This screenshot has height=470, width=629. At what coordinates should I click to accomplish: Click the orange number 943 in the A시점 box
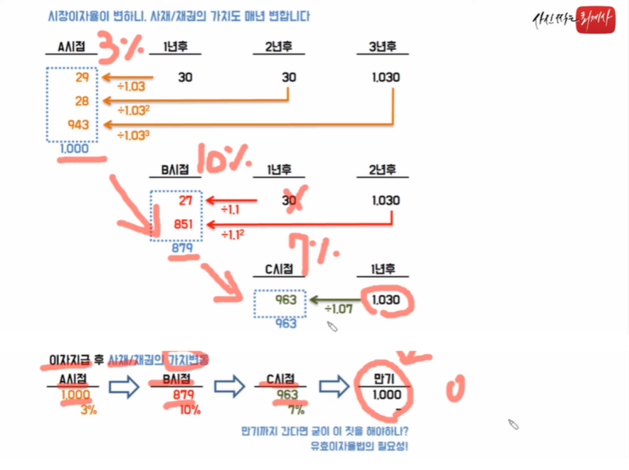pos(78,124)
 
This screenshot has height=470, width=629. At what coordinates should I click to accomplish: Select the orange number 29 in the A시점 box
pos(82,78)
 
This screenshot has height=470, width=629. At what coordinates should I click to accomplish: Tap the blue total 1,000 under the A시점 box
pos(74,149)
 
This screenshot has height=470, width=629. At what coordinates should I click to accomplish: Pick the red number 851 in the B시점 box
pos(184,225)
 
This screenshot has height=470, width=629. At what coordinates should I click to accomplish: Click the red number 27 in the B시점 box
pos(187,201)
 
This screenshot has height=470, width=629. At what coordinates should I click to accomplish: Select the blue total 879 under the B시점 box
pos(181,248)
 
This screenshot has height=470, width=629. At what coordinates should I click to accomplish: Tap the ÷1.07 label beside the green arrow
pos(339,309)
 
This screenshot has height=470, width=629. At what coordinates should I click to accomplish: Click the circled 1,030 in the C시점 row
pos(386,300)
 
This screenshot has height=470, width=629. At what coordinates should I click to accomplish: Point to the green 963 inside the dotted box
pos(286,300)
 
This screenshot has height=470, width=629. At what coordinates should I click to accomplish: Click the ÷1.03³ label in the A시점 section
pos(133,133)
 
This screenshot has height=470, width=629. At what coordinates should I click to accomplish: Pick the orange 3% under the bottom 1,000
pos(88,410)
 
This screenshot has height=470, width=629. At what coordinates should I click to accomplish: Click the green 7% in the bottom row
pos(295,410)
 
